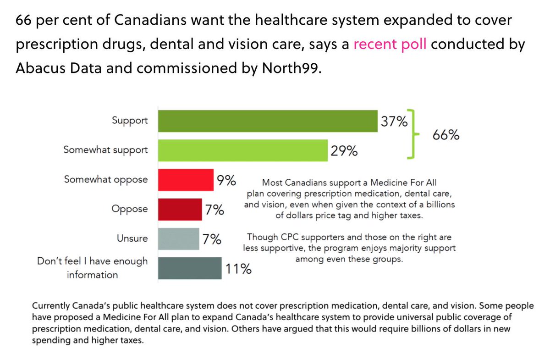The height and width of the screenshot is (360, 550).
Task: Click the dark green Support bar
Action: [x=268, y=121]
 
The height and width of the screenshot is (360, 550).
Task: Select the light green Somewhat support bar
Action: [x=243, y=150]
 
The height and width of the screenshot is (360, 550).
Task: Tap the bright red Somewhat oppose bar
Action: [x=186, y=180]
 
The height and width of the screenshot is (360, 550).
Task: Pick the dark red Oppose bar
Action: [x=180, y=209]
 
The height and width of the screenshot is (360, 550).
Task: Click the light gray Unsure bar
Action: [x=178, y=238]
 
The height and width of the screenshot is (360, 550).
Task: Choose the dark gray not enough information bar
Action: [x=189, y=268]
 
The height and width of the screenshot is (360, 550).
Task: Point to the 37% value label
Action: [x=394, y=122]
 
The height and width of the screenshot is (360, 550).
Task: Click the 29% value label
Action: [x=344, y=151]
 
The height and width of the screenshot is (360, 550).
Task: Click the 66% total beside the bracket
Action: [x=445, y=136]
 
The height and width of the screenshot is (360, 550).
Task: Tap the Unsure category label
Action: [x=132, y=238]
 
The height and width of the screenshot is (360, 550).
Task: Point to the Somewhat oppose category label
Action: [x=106, y=179]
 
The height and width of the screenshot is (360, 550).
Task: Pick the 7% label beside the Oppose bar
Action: [x=214, y=210]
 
